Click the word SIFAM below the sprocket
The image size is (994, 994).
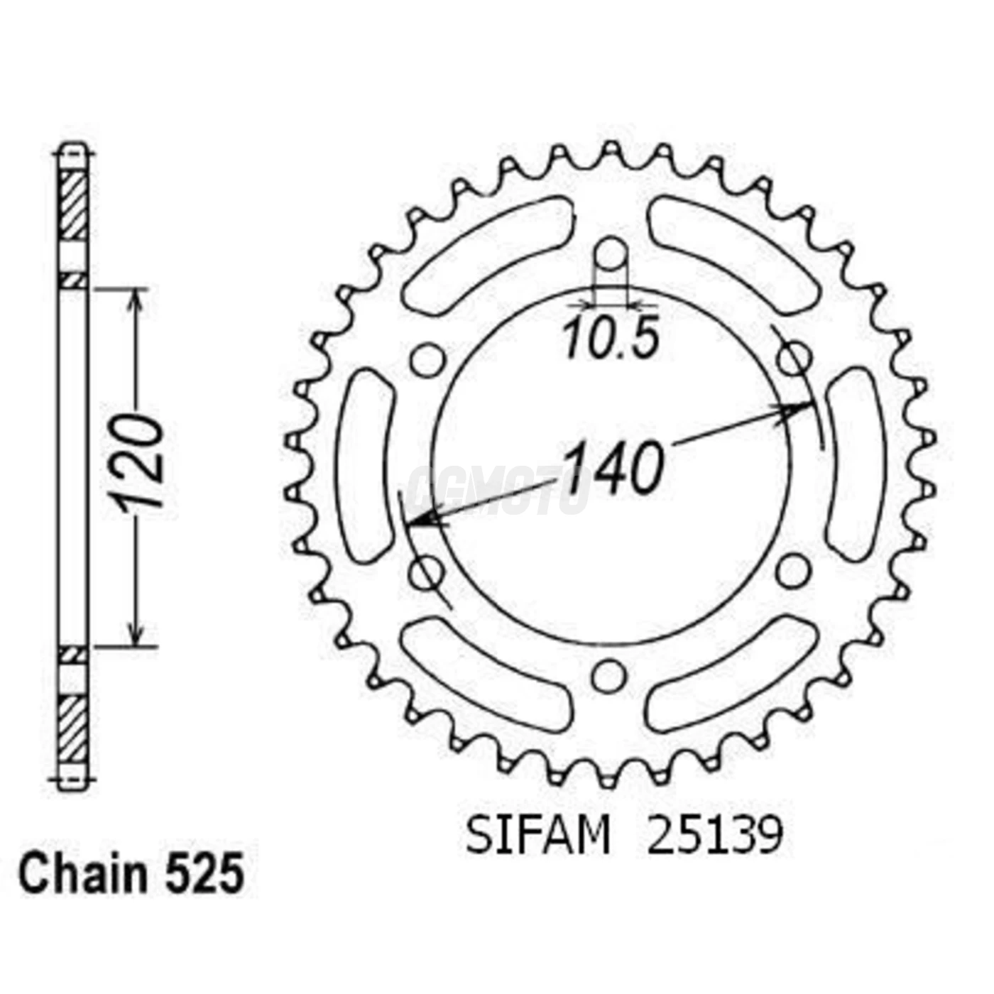tap(537, 836)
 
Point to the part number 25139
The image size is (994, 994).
tap(714, 836)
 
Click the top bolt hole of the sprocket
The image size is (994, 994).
tap(611, 253)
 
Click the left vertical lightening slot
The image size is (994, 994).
tap(366, 465)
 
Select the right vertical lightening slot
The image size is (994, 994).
tap(856, 465)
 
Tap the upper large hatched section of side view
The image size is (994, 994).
tap(72, 206)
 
